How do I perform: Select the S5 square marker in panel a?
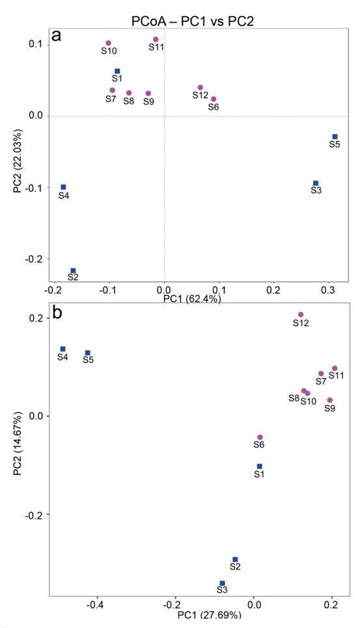click(x=335, y=137)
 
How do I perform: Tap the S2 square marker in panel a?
click(x=73, y=271)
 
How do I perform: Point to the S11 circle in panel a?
click(x=156, y=40)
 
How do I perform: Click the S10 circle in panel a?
click(x=109, y=44)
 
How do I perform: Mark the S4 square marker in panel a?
click(x=63, y=187)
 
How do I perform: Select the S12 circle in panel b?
click(x=301, y=315)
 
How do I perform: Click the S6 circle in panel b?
click(x=260, y=437)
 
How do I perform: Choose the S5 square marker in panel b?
click(x=87, y=353)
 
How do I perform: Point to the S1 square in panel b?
click(x=259, y=466)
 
